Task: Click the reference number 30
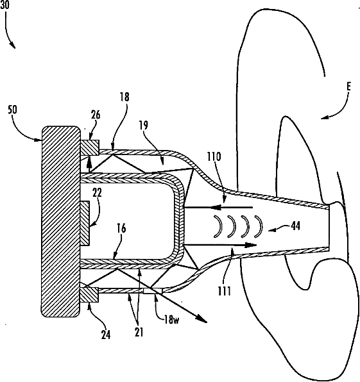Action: [x=4, y=4]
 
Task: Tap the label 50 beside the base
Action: [x=12, y=110]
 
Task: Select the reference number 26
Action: [x=96, y=115]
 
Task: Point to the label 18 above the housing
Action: [x=124, y=97]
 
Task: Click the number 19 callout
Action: [x=144, y=125]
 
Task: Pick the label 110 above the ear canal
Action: [x=214, y=156]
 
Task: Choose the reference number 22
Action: [x=97, y=192]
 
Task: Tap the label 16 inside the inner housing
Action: [x=121, y=229]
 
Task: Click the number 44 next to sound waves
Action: [x=296, y=226]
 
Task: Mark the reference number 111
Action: [x=224, y=291]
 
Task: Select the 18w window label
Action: [x=171, y=319]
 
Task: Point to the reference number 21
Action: [x=139, y=332]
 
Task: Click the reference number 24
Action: [x=106, y=335]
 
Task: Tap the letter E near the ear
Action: [x=349, y=87]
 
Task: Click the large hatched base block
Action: [x=61, y=222]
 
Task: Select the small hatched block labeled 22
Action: [x=85, y=223]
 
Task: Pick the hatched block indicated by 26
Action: [x=89, y=147]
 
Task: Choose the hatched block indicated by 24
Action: [x=89, y=295]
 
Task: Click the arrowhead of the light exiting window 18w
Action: [x=202, y=319]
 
